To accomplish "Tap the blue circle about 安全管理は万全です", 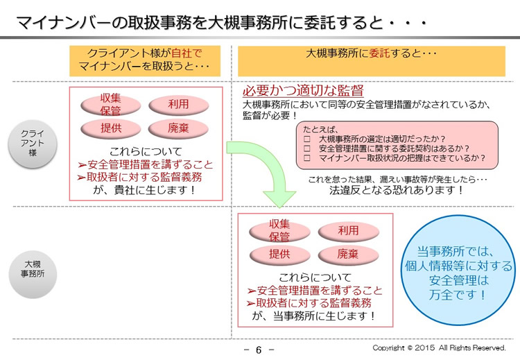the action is click(x=458, y=270).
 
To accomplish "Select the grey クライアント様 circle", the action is click(x=33, y=144).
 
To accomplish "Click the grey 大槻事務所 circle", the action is click(x=33, y=274).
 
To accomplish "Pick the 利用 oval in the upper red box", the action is click(x=178, y=105).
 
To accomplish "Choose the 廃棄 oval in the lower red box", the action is click(x=348, y=255).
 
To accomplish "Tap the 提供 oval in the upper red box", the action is click(x=111, y=128).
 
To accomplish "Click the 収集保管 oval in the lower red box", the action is click(x=279, y=231).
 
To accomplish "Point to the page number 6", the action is click(x=259, y=350).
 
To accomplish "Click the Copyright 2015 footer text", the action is click(x=439, y=348).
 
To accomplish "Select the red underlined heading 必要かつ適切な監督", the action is click(x=303, y=90).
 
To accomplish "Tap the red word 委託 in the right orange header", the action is click(x=380, y=53).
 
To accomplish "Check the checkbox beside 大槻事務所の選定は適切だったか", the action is click(x=306, y=139).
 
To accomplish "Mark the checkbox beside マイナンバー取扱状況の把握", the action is click(x=306, y=158).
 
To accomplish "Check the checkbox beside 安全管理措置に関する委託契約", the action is click(x=306, y=148).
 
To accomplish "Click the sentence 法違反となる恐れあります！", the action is click(x=397, y=190).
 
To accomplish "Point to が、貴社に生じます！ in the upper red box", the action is click(x=144, y=190).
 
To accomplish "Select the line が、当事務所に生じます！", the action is click(x=313, y=316).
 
